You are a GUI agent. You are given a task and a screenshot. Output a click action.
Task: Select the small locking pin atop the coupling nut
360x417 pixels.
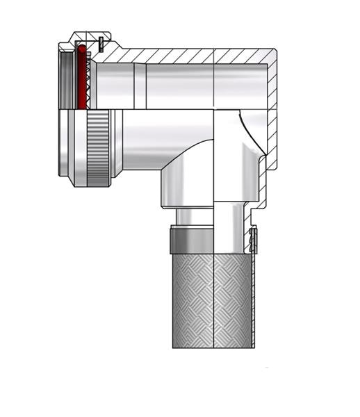click(x=101, y=42)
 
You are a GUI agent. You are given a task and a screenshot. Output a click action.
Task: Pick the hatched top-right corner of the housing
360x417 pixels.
click(x=270, y=57)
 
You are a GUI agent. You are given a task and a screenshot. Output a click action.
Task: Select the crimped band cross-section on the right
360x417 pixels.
click(x=254, y=240)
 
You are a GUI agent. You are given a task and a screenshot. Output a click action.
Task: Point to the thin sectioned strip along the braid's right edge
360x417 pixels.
click(x=254, y=306)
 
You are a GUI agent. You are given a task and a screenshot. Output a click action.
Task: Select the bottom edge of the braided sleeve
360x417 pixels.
click(x=212, y=347)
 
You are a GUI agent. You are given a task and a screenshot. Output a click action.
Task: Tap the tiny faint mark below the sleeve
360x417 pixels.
click(x=268, y=367)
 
